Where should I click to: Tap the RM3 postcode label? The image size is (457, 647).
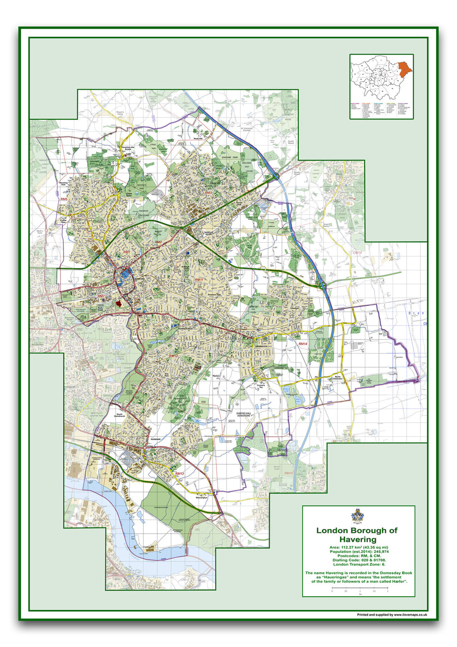[208, 193]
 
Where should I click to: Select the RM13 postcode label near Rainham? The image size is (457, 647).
[180, 474]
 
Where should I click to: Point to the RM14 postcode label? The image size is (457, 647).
[303, 344]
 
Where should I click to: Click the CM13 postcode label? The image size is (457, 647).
[357, 253]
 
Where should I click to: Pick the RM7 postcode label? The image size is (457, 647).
[101, 296]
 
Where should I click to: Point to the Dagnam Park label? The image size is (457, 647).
[229, 159]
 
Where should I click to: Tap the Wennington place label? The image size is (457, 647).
[201, 498]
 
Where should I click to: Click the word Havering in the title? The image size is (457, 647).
[358, 539]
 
